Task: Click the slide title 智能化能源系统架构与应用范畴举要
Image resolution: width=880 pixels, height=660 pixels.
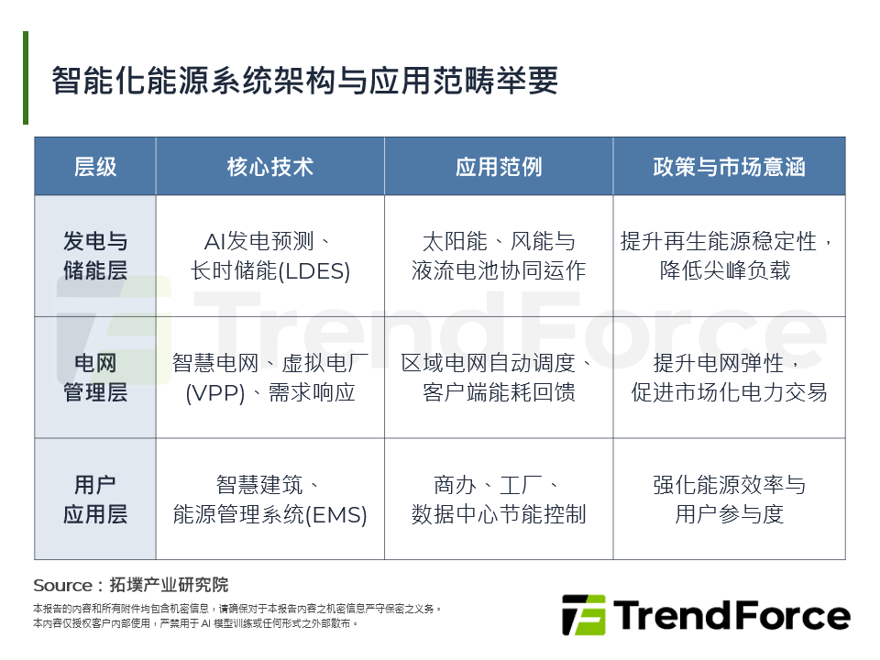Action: click(304, 81)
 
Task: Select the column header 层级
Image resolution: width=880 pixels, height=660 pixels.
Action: click(95, 166)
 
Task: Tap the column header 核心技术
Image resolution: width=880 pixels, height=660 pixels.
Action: click(270, 166)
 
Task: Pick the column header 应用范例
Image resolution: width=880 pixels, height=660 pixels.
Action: click(499, 166)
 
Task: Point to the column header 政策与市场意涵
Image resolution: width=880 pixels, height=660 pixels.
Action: click(729, 166)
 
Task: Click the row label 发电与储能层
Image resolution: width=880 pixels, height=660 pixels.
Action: click(95, 256)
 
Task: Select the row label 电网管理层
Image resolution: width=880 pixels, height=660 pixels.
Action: click(95, 378)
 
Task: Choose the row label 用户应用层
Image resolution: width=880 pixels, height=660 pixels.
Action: click(95, 499)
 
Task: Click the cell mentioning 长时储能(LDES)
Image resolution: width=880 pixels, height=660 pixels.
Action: click(270, 257)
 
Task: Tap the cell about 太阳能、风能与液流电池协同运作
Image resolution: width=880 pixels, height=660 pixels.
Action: click(499, 257)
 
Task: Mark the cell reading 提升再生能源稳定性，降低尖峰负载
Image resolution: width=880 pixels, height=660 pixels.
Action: click(729, 257)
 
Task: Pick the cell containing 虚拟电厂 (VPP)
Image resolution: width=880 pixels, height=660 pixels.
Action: click(270, 378)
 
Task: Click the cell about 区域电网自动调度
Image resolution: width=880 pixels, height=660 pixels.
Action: click(499, 378)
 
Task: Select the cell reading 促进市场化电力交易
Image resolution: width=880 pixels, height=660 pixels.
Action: click(729, 378)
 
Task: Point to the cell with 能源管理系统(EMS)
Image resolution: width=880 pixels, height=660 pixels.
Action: click(270, 500)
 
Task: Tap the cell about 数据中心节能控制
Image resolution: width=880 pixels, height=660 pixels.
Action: click(499, 500)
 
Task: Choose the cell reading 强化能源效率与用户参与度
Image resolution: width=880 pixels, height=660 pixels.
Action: click(729, 500)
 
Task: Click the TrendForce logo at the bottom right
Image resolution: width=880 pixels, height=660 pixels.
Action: click(706, 615)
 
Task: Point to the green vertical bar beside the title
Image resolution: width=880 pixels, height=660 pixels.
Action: click(26, 78)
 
